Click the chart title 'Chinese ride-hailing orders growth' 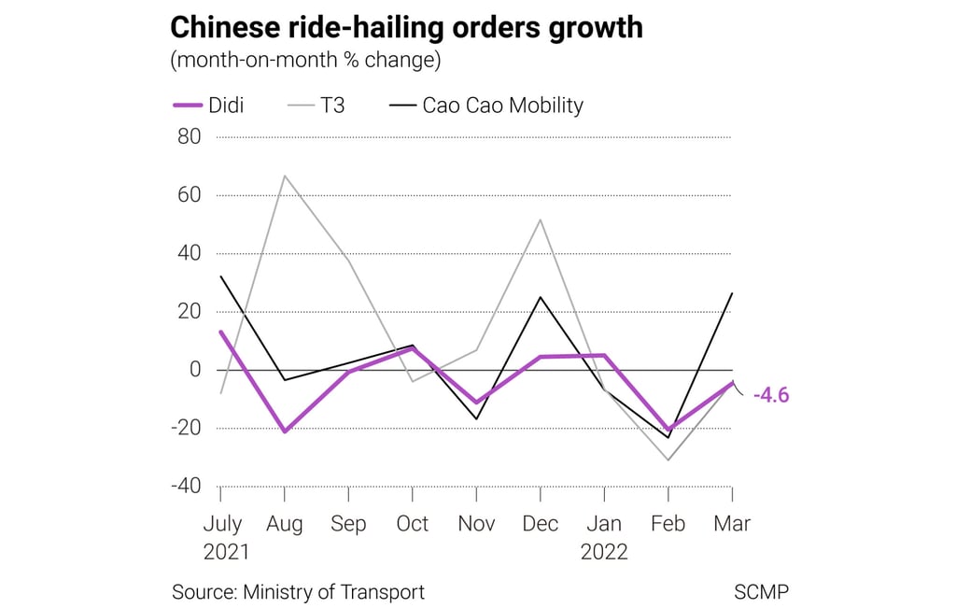tap(406, 27)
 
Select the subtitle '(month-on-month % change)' tap(305, 61)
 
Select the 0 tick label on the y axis tap(195, 369)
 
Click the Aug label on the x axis tap(285, 524)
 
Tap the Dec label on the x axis tap(541, 524)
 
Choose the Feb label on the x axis tap(668, 524)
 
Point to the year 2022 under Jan tap(604, 552)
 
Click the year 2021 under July tap(226, 552)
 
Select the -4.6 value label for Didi tap(771, 395)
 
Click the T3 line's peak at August tap(284, 176)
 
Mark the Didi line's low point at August tap(284, 431)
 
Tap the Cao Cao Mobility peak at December tap(541, 297)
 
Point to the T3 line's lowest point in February tap(668, 460)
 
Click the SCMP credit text tap(762, 591)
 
